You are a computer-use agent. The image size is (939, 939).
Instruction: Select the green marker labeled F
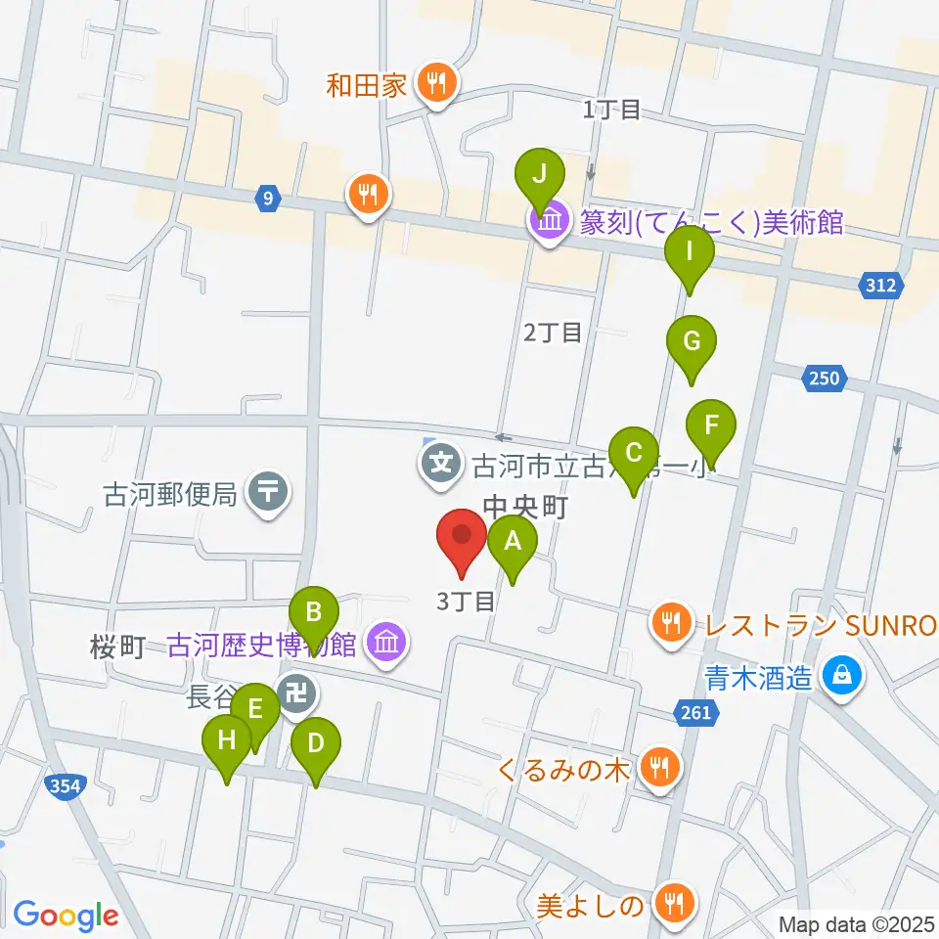point(710,425)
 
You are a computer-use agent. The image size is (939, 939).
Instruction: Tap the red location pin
point(461,539)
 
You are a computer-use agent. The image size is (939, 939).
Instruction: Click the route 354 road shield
point(67,784)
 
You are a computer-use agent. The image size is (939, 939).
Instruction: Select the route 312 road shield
point(879,286)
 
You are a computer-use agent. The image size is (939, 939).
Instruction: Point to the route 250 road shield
point(825,378)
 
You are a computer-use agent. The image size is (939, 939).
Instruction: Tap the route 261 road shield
point(695,714)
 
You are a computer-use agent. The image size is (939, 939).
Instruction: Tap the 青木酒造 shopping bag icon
point(839,675)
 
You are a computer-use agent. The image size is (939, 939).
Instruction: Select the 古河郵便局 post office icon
point(268,491)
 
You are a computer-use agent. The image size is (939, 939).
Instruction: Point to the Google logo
point(66,916)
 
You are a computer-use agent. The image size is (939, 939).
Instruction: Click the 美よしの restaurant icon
point(673,904)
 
